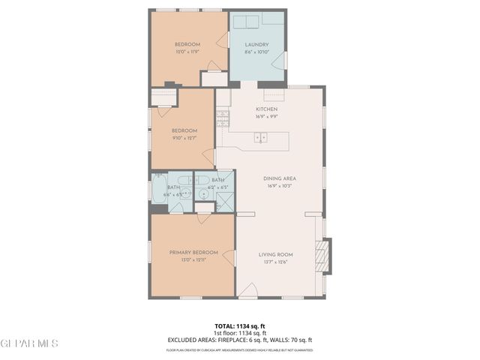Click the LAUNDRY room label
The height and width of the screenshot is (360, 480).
click(x=256, y=45)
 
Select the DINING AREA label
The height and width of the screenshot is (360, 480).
click(x=280, y=178)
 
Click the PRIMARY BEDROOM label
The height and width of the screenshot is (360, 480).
click(x=193, y=252)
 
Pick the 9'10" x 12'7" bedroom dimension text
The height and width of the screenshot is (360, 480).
click(x=184, y=138)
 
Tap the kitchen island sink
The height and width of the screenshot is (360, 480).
click(x=261, y=136)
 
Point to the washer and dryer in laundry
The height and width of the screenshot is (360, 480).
click(x=247, y=20)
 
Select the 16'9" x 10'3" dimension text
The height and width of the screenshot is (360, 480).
click(x=280, y=185)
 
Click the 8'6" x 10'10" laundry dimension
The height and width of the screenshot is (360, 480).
click(x=256, y=52)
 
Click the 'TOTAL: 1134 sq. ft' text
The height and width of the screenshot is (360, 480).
click(x=239, y=326)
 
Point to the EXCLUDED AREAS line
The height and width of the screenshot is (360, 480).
click(x=239, y=340)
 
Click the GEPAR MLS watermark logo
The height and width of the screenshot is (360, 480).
click(x=30, y=343)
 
